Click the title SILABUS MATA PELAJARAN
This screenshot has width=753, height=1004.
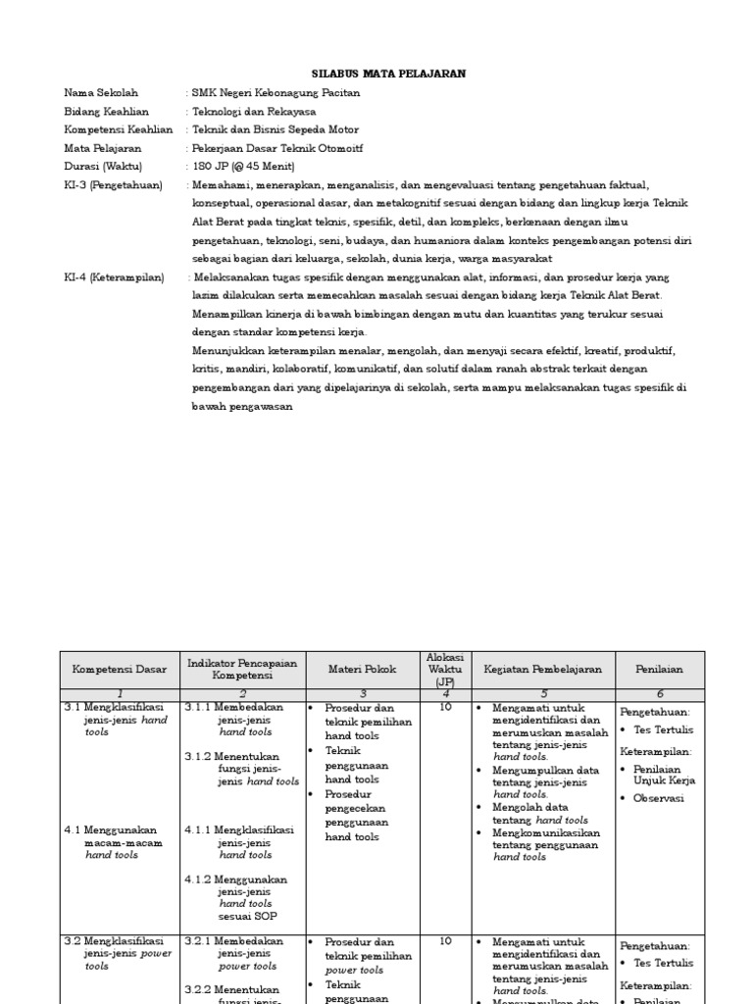(388, 74)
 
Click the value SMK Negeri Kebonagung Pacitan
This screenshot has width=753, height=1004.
(276, 93)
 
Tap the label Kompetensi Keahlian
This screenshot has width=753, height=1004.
(119, 129)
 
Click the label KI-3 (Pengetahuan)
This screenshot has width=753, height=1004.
(114, 184)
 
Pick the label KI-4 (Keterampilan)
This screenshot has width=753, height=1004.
(115, 277)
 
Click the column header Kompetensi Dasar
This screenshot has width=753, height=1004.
(119, 670)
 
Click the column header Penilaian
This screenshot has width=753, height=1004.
(659, 670)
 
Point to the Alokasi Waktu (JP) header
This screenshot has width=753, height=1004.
(445, 670)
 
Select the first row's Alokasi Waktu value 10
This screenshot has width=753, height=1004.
(445, 707)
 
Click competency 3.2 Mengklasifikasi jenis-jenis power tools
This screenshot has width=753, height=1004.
(115, 952)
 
